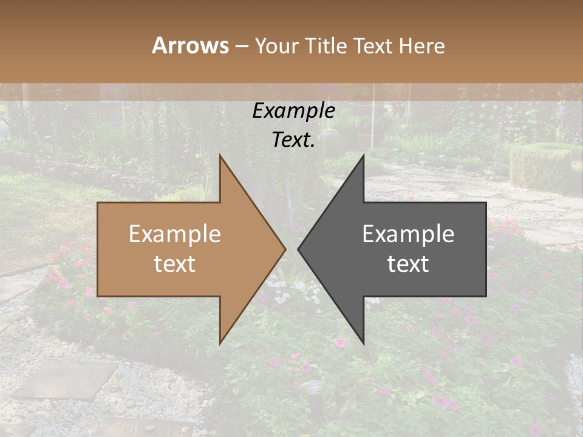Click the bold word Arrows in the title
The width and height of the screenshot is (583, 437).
tap(190, 46)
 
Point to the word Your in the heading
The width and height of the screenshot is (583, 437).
tap(278, 46)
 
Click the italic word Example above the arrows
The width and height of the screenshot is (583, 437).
tap(294, 110)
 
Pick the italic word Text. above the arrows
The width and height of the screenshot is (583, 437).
tap(294, 140)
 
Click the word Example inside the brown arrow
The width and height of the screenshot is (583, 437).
tap(175, 234)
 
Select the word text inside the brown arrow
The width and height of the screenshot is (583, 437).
tap(175, 264)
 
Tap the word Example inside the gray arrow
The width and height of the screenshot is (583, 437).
tap(408, 234)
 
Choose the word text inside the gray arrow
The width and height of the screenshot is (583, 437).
tap(408, 264)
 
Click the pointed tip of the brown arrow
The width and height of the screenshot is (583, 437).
tap(285, 249)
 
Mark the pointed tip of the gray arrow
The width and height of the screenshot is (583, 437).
tap(299, 249)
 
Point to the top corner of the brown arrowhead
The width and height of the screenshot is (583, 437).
tap(220, 157)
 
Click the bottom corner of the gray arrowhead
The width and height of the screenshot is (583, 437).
tap(363, 342)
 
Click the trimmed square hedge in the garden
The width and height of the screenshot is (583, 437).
tap(540, 168)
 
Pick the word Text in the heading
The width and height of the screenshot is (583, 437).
tap(374, 46)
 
